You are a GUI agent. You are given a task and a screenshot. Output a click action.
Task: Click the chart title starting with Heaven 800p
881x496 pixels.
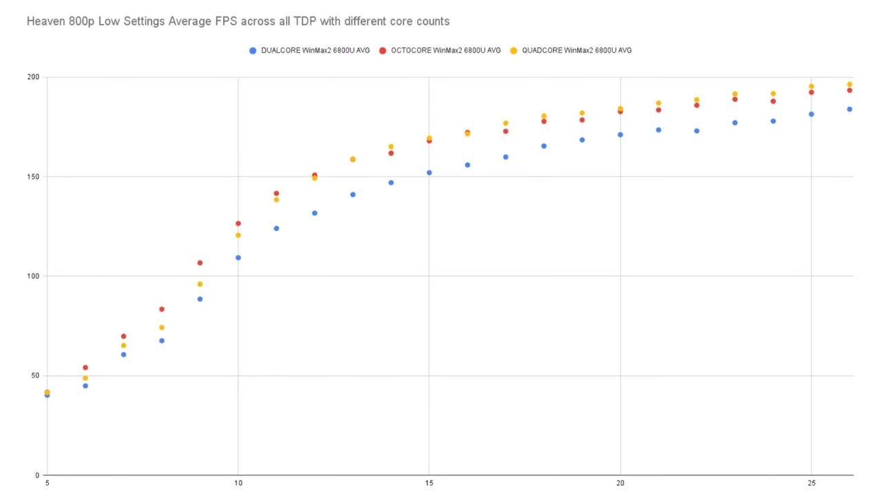click(237, 21)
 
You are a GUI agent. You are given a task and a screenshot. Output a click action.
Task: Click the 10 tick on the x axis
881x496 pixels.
click(238, 484)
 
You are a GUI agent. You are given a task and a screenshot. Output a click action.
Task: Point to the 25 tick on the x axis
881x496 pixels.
click(811, 484)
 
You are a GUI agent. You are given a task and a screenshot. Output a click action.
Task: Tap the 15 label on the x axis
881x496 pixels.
click(429, 484)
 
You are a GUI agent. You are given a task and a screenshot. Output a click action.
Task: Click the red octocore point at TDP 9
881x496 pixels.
click(200, 262)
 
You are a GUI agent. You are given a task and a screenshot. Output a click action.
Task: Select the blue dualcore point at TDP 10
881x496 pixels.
click(238, 258)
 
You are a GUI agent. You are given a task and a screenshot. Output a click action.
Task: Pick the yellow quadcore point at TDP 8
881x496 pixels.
click(162, 327)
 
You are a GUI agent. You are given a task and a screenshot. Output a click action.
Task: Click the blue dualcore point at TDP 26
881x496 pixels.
click(849, 109)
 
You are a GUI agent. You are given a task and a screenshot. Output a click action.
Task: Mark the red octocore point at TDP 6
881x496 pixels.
click(85, 367)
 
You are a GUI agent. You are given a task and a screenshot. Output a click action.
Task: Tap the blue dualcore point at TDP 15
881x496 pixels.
click(429, 172)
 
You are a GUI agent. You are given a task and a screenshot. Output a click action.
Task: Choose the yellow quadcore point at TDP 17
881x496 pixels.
click(505, 123)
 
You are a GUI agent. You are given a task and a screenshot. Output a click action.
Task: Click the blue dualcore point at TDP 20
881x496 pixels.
click(620, 134)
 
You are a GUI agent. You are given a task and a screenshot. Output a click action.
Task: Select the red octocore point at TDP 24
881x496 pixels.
click(773, 101)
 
